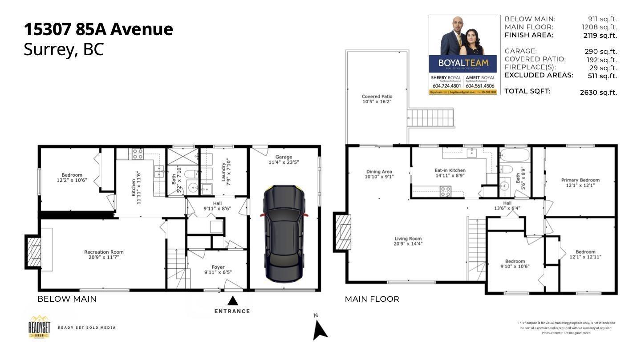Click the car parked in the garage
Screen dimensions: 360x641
click(x=284, y=234)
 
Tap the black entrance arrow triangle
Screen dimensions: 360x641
click(x=233, y=301)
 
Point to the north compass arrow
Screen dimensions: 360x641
click(x=320, y=329)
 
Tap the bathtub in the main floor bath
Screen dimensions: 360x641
click(x=515, y=156)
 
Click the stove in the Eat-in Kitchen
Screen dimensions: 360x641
click(x=446, y=191)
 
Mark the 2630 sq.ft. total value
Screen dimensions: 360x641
click(x=598, y=93)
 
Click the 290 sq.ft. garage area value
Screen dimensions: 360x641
click(x=600, y=52)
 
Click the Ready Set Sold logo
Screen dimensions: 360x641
click(x=39, y=327)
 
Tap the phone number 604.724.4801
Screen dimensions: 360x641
click(x=446, y=86)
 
